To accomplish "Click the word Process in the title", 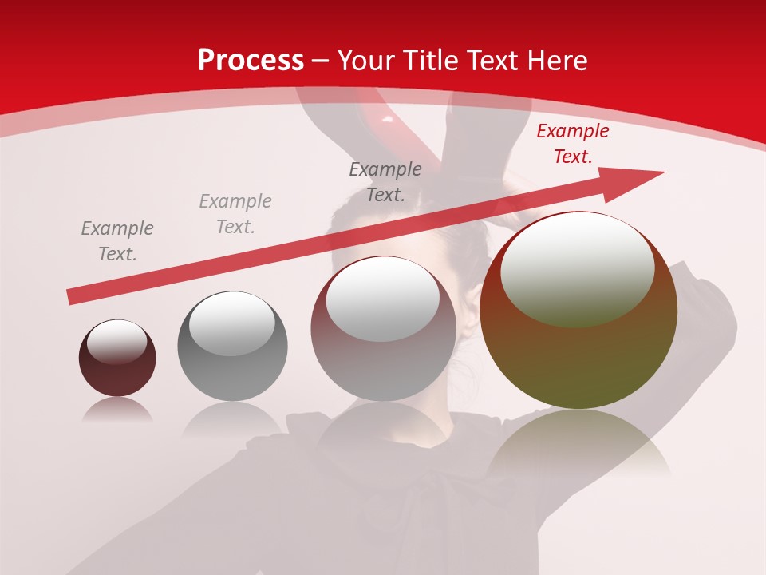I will coord(251,60).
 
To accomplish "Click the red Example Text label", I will coord(572,144).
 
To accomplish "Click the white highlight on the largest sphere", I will coord(577,269).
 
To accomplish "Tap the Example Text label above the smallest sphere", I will coord(117,241).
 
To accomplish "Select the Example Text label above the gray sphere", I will coord(235,214).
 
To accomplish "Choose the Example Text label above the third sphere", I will coord(385,182).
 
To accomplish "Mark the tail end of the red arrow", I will coord(72,297).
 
